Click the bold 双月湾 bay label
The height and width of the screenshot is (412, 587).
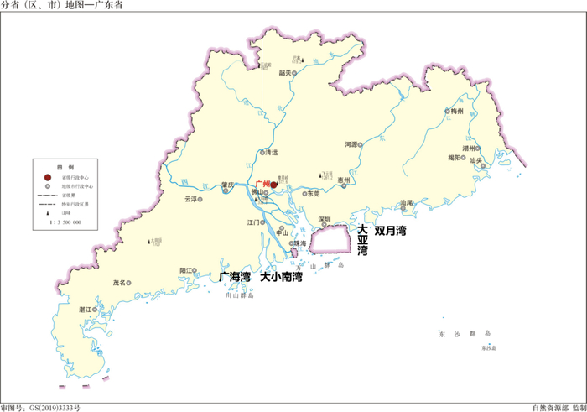[x=390, y=229]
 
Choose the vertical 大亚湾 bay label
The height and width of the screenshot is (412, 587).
[x=362, y=240]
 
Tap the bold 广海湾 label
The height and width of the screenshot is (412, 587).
[x=235, y=276]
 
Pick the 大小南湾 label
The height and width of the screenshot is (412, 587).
[x=281, y=276]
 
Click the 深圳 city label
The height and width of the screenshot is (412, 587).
[x=325, y=219]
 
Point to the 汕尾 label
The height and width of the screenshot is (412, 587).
[x=407, y=203]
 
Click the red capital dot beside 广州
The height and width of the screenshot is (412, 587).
[x=274, y=185]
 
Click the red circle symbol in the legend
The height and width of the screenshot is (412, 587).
[x=47, y=177]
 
